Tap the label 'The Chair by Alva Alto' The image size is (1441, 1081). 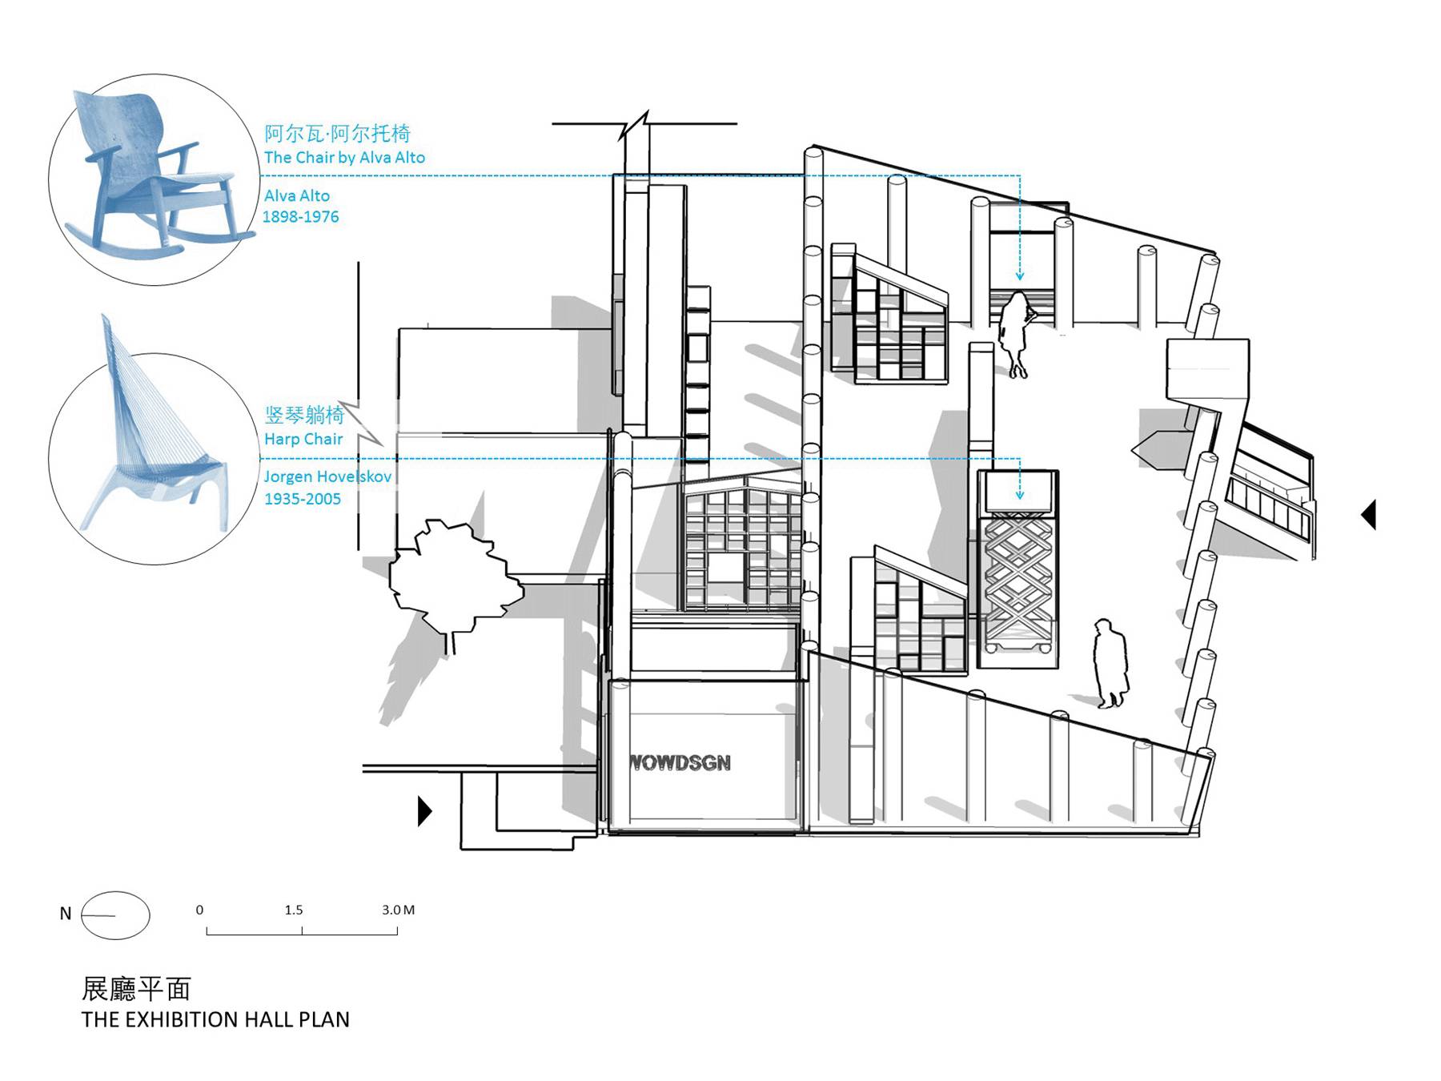coord(344,158)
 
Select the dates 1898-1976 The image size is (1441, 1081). coord(301,217)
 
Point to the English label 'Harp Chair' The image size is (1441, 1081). coord(303,439)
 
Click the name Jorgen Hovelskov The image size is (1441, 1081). coord(327,476)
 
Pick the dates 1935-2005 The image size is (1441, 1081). coord(303,499)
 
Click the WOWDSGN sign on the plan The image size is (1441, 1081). coord(680,763)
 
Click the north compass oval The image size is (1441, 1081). coord(115,915)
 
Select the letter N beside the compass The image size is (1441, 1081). coord(66,914)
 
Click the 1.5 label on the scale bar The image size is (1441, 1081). coord(294,910)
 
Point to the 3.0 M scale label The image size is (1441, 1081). coord(398,910)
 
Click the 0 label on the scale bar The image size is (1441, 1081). coord(199,910)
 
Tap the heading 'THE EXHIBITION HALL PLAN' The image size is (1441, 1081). coord(215,1019)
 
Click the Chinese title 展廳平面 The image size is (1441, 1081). coord(136,989)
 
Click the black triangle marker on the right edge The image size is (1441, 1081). coord(1369,514)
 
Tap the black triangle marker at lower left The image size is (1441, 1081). coord(424,811)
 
